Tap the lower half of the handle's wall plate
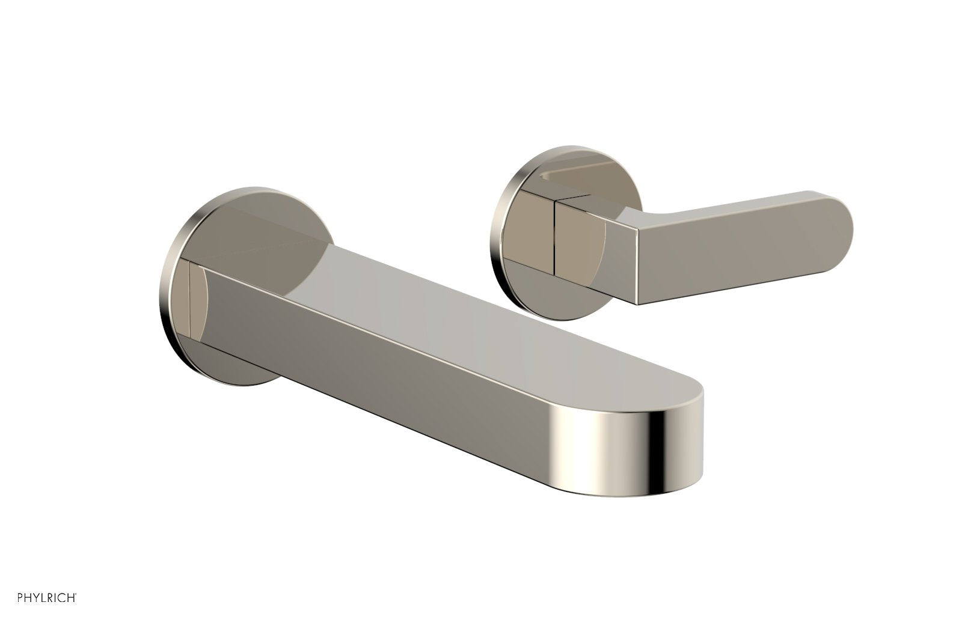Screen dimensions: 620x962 529,288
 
